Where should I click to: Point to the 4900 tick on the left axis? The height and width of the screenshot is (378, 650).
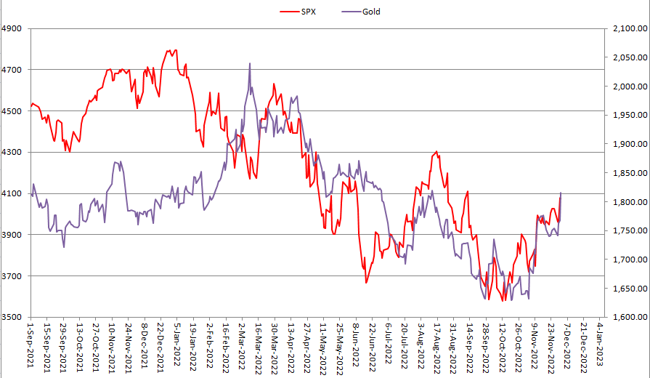pyautogui.click(x=13, y=29)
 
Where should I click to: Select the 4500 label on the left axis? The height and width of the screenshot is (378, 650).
pyautogui.click(x=13, y=111)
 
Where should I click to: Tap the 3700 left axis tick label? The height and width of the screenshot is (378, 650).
pyautogui.click(x=13, y=276)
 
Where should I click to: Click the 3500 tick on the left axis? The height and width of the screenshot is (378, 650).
pyautogui.click(x=13, y=318)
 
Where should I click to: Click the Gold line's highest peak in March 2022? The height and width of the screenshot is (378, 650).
pyautogui.click(x=250, y=63)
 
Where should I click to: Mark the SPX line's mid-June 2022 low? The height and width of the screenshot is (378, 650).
pyautogui.click(x=366, y=283)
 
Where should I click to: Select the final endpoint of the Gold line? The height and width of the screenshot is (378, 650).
pyautogui.click(x=561, y=193)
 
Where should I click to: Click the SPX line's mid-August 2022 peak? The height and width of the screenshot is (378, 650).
pyautogui.click(x=436, y=151)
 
